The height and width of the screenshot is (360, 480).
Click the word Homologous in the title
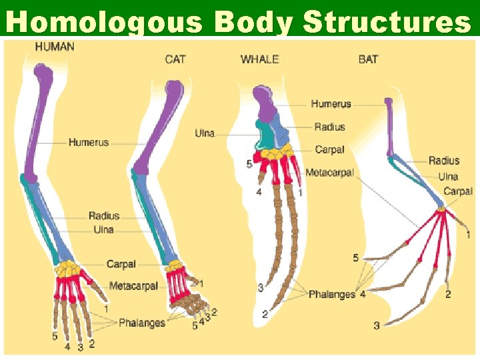coord(107,22)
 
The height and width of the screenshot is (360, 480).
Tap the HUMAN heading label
coord(55,47)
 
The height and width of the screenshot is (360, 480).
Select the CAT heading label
coord(175,59)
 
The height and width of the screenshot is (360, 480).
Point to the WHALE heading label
coord(260,59)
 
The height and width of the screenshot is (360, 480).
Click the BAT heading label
coord(368,59)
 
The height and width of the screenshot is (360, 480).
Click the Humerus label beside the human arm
coord(88,142)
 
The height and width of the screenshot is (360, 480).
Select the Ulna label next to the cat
coord(205,133)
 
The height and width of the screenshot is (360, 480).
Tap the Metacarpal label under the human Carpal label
coord(133,286)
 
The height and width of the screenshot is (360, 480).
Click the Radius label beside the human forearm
coord(104,215)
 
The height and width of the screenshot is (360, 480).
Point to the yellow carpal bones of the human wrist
coord(67,270)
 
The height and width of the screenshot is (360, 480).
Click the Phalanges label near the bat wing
coord(331,294)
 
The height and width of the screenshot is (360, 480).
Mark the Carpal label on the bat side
coord(458,191)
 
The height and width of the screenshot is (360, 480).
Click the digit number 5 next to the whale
coord(249,163)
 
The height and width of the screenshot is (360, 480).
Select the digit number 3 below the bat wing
coord(377,325)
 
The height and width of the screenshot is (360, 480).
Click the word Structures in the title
coord(387,22)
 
